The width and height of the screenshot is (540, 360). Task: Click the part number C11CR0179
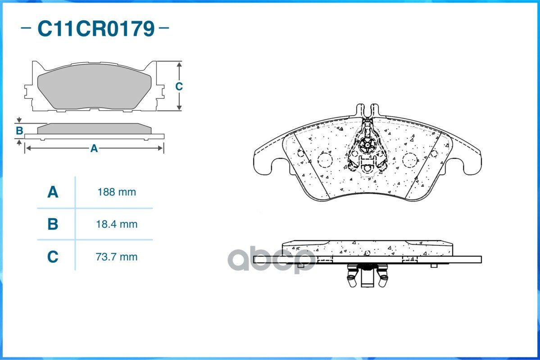point(96,29)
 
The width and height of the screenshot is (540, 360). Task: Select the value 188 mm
point(117,192)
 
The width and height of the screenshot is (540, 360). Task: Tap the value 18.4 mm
point(117,224)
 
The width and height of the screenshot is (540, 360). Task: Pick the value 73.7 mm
point(117,257)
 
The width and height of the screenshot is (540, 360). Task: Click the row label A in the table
point(53,192)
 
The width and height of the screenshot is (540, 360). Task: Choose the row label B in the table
point(53,224)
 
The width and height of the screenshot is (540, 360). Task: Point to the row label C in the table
point(53,257)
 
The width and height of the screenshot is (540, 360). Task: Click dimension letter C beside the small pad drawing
point(179,86)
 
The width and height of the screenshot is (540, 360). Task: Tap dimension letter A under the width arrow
point(94,148)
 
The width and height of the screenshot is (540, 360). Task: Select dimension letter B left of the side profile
point(19,131)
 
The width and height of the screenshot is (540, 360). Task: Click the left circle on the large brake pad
point(325,160)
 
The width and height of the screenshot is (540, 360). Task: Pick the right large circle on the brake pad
point(410,160)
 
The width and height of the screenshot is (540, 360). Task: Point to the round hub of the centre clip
point(368,144)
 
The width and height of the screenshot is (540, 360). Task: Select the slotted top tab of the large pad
point(368,110)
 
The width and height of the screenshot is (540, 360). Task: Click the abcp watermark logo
point(271,261)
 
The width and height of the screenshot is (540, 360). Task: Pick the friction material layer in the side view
point(367,248)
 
